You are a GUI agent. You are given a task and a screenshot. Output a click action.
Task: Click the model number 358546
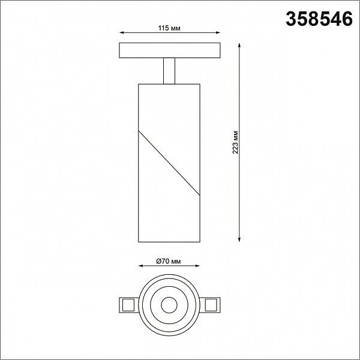coord(319,19)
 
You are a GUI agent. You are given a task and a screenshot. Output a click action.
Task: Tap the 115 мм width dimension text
coord(169,28)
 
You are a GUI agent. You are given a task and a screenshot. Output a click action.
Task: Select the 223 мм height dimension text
coord(235,142)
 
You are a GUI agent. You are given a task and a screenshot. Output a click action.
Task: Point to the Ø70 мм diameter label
coord(169,261)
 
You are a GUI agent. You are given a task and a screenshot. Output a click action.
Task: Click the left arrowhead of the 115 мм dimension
coord(122,33)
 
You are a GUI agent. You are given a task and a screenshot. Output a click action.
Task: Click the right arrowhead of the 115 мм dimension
coord(218,33)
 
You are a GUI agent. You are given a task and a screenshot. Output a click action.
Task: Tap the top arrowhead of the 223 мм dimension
coord(239,45)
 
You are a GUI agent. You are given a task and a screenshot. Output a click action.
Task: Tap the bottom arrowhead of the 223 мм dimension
coord(239,239)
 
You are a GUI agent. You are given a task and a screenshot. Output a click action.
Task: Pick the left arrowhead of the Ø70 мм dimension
coord(141,266)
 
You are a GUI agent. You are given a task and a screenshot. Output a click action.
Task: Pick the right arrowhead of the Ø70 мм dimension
coord(197,266)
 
